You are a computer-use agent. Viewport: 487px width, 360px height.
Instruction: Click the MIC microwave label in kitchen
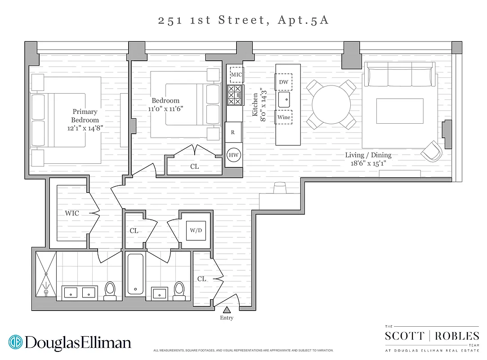[x=237, y=74]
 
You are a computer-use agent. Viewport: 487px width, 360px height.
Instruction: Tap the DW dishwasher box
[x=283, y=82]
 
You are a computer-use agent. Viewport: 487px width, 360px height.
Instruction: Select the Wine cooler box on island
[x=283, y=117]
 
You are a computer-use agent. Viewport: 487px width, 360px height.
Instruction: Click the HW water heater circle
[x=234, y=155]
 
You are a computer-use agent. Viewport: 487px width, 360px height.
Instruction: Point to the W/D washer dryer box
[x=196, y=230]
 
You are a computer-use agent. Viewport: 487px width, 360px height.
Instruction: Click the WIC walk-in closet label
[x=72, y=213]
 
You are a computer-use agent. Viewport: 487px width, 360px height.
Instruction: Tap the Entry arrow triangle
[x=227, y=310]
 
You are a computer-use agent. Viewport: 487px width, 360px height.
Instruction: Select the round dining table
[x=332, y=104]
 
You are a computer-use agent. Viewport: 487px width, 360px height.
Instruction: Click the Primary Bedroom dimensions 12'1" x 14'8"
[x=85, y=128]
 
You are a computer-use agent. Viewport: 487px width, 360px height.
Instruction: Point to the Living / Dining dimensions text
[x=368, y=163]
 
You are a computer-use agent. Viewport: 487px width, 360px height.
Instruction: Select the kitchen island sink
[x=283, y=99]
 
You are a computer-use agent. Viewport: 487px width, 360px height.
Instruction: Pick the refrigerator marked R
[x=233, y=132]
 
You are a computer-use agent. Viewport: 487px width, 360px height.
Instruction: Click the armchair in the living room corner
[x=432, y=151]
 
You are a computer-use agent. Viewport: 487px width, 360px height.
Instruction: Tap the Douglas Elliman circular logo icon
[x=15, y=342]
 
